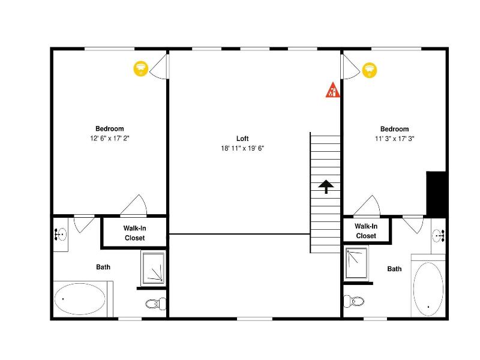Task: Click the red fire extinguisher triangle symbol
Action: click(x=333, y=90)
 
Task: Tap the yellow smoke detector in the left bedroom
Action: click(x=141, y=69)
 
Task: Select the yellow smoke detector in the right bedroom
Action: click(x=370, y=70)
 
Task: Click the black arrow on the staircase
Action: click(x=326, y=187)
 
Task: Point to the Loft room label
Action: click(x=242, y=139)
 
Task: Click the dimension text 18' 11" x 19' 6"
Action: click(x=242, y=148)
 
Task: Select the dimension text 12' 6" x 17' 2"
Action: click(x=110, y=139)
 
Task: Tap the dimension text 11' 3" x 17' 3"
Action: click(x=395, y=139)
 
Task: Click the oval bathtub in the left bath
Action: click(x=80, y=299)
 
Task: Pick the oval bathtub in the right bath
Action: click(x=428, y=289)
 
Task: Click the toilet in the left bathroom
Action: click(x=155, y=304)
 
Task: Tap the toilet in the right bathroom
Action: click(x=354, y=301)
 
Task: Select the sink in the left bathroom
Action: click(x=61, y=235)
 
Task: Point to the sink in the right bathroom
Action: click(x=439, y=236)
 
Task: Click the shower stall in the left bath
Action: click(x=154, y=268)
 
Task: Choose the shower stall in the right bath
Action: click(x=356, y=263)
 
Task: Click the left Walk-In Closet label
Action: click(x=134, y=233)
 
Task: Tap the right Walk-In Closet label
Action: click(x=366, y=231)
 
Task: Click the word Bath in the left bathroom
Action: click(x=103, y=267)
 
